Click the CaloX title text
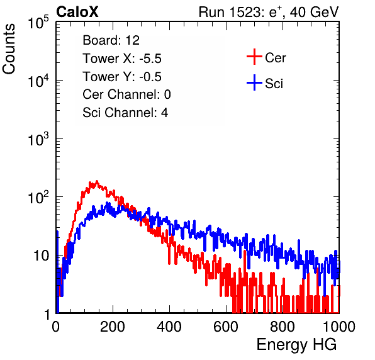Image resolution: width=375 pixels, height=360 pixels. click(x=77, y=12)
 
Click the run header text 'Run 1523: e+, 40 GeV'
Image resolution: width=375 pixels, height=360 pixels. click(x=269, y=12)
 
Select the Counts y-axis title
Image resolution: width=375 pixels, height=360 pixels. click(x=9, y=49)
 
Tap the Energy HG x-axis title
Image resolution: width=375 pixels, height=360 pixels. click(x=296, y=344)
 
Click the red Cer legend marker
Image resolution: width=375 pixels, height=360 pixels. click(x=254, y=57)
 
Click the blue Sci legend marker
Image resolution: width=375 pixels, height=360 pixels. click(x=254, y=82)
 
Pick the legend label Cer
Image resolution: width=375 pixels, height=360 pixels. click(x=275, y=58)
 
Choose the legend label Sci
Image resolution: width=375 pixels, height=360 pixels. click(x=274, y=84)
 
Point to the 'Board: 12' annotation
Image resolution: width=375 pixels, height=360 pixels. click(x=111, y=40)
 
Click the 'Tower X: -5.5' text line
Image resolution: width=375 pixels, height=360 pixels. click(x=122, y=59)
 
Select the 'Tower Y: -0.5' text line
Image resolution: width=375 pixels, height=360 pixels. click(x=122, y=77)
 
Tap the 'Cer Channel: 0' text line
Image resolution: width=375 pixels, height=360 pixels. click(x=126, y=94)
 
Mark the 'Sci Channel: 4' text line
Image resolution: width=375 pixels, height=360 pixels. click(x=125, y=113)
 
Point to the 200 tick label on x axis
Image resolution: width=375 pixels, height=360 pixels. click(x=113, y=327)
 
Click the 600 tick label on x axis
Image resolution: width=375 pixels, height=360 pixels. click(x=226, y=327)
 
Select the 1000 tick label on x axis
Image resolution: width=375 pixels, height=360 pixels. click(x=339, y=327)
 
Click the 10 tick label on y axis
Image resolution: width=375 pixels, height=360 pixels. click(x=42, y=256)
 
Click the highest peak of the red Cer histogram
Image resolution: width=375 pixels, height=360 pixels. click(x=97, y=181)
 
